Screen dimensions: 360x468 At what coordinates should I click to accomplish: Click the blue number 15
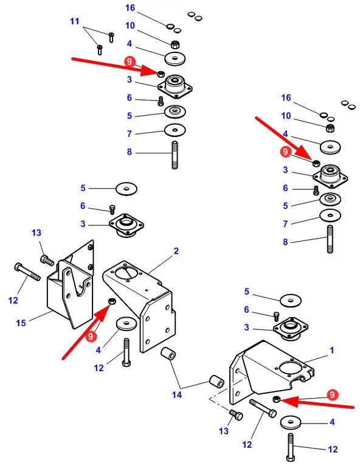[21, 323]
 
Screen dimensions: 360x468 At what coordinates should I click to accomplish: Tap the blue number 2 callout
[176, 251]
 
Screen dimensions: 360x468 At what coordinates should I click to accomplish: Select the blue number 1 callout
[331, 350]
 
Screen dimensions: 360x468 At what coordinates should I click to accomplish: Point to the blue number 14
[176, 394]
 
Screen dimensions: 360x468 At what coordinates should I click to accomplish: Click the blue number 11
[75, 21]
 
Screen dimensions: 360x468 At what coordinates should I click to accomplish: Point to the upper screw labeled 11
[111, 37]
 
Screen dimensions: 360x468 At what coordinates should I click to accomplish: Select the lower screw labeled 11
[100, 49]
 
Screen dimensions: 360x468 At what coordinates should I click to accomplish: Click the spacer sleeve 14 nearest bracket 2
[168, 354]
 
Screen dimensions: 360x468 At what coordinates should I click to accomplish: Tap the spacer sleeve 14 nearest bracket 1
[216, 382]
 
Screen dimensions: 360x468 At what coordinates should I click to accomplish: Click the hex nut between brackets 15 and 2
[112, 301]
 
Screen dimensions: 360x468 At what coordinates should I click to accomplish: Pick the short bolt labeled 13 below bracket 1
[236, 414]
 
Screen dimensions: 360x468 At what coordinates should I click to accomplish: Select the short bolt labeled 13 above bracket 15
[47, 260]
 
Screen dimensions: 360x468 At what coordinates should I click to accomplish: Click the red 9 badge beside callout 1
[332, 394]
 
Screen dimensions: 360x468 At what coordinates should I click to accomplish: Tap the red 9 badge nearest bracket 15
[91, 337]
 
